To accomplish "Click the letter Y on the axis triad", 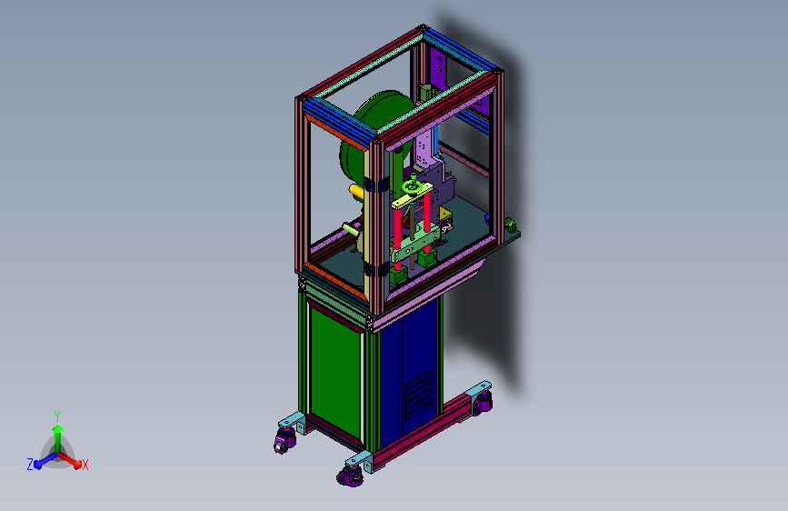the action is (57, 416).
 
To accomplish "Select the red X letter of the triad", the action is (85, 466).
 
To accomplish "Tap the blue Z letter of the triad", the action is (30, 465).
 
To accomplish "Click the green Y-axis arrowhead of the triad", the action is (57, 429).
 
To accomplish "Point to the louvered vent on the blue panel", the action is (419, 396).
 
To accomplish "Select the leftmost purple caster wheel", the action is (284, 442).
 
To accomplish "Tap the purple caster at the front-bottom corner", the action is (351, 476).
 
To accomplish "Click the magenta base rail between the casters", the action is (422, 431).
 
